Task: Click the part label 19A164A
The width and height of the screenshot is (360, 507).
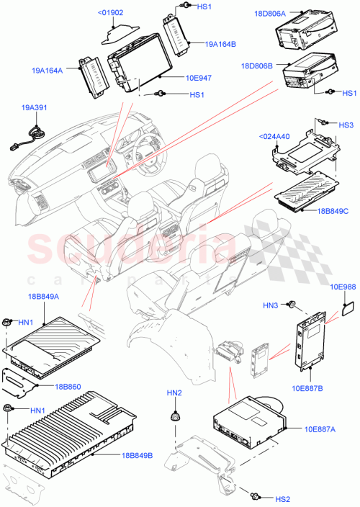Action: pyautogui.click(x=48, y=71)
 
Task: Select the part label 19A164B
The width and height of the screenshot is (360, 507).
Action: pyautogui.click(x=220, y=45)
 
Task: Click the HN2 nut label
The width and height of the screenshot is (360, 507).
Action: pyautogui.click(x=174, y=392)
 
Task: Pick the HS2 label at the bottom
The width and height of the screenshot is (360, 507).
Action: pyautogui.click(x=283, y=499)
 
